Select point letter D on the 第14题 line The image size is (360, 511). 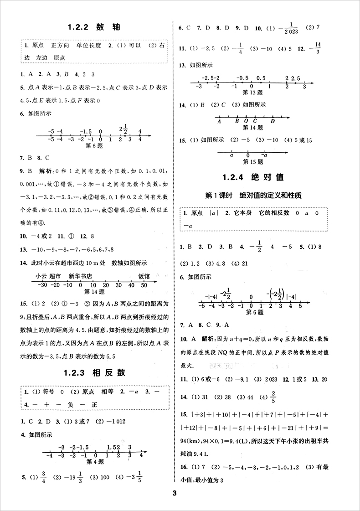tap(273, 121)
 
